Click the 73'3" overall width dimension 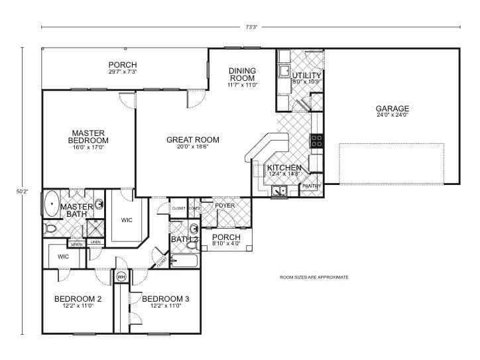[251, 27]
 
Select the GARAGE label [392, 109]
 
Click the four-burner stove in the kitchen [317, 141]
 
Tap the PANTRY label [311, 186]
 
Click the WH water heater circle [121, 276]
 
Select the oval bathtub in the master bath [50, 204]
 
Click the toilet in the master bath [50, 229]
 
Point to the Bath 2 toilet [191, 246]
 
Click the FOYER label [225, 206]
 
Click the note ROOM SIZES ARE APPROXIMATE [314, 277]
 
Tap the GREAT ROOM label [193, 140]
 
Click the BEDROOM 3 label [166, 299]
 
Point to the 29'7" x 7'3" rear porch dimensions [123, 72]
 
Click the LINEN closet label [95, 243]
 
